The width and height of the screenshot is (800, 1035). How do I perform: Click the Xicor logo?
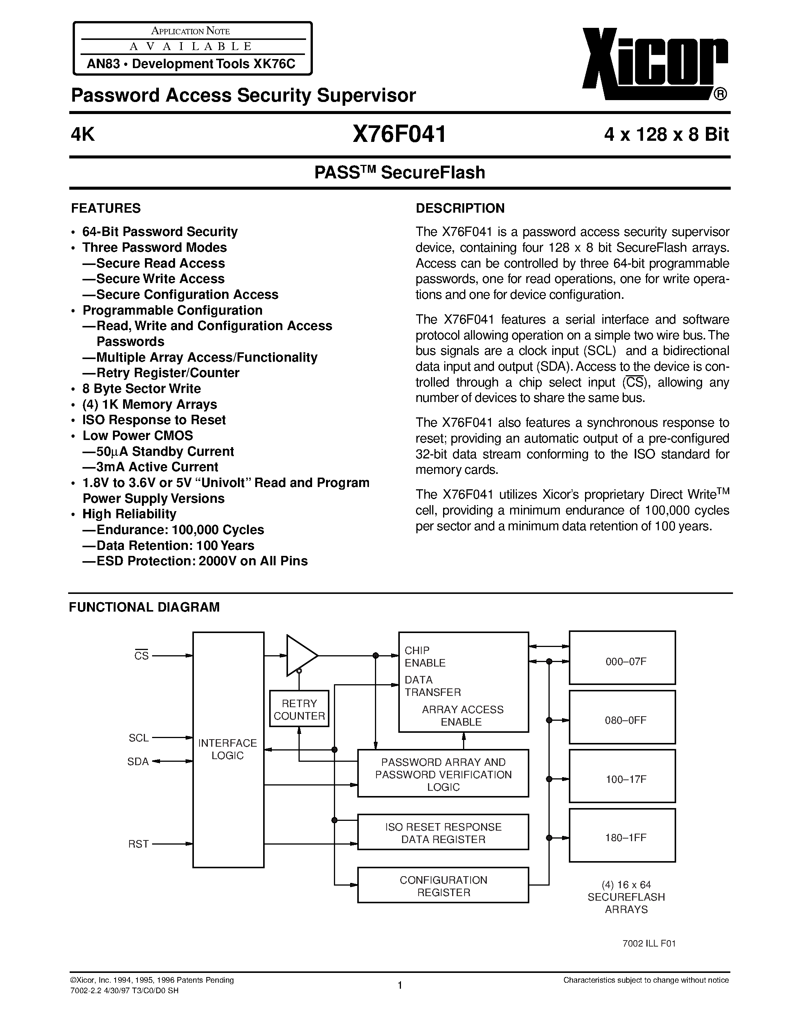click(654, 64)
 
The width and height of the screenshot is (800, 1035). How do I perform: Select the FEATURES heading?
click(106, 209)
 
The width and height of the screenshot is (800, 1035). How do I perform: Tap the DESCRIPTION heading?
click(460, 209)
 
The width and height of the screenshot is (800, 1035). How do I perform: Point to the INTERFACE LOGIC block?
click(228, 749)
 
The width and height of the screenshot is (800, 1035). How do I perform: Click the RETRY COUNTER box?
click(299, 709)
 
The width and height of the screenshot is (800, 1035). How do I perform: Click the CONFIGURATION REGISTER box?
click(443, 886)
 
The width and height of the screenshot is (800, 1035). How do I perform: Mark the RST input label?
click(139, 844)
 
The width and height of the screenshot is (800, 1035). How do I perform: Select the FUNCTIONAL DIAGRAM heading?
click(144, 607)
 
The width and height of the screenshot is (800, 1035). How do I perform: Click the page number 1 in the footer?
click(399, 985)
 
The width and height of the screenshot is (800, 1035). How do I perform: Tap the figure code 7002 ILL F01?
click(649, 943)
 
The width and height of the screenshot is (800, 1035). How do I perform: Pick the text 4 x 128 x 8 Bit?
click(666, 135)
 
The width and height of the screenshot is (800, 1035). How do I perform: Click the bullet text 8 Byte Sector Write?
click(141, 389)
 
